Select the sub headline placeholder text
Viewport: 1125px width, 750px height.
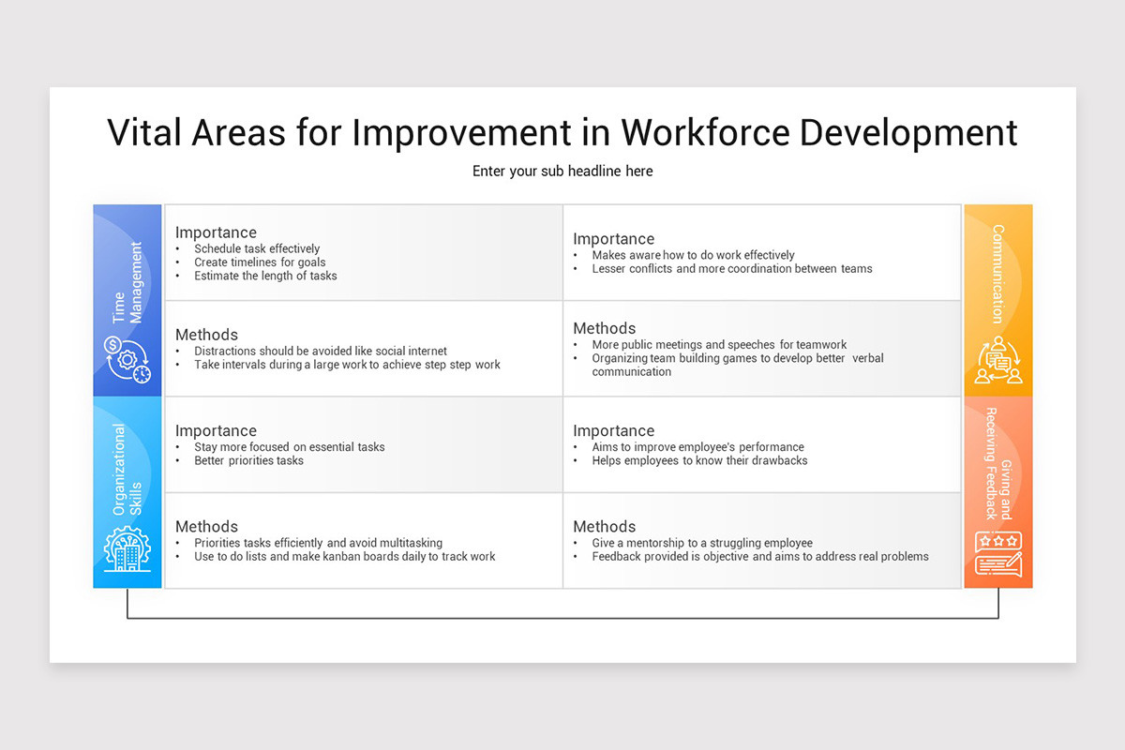pos(562,171)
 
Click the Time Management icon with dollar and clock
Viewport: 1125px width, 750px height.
pos(127,360)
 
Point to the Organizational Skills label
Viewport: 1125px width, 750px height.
pos(127,470)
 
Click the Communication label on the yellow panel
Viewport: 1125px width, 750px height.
pos(997,273)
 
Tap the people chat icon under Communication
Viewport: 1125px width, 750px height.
pos(997,360)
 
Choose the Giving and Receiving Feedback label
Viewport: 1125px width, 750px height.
pos(997,463)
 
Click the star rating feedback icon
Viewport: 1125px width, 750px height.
pos(997,554)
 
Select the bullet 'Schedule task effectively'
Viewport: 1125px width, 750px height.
pos(257,249)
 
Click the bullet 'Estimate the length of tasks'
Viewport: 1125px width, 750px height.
pos(265,276)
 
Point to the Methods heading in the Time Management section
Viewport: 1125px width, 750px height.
pos(206,335)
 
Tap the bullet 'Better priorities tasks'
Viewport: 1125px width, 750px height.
pos(248,460)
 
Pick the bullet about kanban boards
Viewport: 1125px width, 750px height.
pos(344,556)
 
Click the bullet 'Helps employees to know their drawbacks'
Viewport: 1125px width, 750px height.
pos(698,460)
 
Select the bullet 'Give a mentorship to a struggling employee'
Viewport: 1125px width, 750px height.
pos(701,543)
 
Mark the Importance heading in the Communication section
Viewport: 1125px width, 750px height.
pos(613,239)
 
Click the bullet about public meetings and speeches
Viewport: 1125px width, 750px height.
pos(719,344)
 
